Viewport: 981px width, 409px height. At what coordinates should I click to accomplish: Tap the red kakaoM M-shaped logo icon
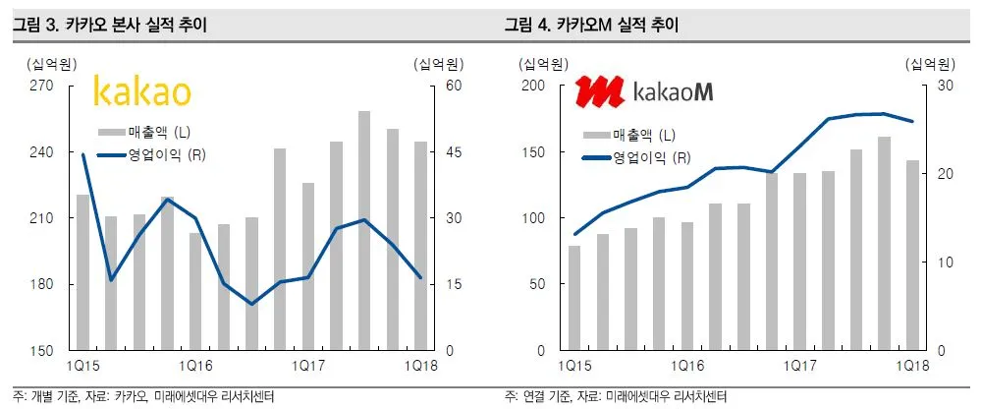pos(600,92)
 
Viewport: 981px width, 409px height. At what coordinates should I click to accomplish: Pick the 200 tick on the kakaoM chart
pos(531,86)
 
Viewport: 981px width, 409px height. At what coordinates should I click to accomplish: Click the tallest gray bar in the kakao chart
pos(364,231)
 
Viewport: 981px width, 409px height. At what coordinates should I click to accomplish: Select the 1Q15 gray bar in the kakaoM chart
pos(574,298)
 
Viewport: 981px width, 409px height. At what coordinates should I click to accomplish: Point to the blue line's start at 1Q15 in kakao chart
pos(82,154)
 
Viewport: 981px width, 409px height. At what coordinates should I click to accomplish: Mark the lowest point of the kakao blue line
pos(251,304)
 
